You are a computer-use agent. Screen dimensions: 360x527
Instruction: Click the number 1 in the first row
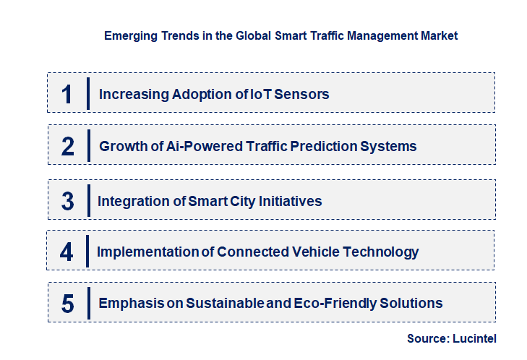(x=67, y=94)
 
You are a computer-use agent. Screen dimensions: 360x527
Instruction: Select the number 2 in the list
(x=68, y=146)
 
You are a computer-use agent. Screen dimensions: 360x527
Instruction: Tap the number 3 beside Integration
(x=68, y=201)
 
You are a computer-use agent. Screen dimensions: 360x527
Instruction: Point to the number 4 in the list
(x=67, y=252)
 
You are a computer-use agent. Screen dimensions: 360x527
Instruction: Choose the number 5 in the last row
(x=68, y=304)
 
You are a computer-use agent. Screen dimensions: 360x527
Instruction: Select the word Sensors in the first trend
(x=306, y=94)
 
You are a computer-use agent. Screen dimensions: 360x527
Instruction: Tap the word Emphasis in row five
(x=130, y=303)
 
